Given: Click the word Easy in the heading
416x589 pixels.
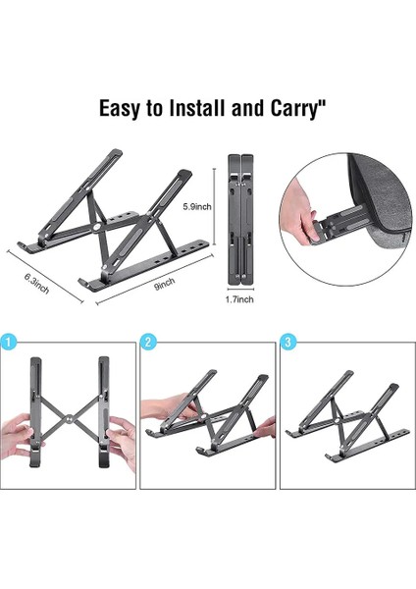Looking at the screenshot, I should [x=123, y=106].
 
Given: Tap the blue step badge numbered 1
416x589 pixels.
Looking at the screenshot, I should [x=10, y=343].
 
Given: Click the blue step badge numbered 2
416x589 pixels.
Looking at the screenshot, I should [x=150, y=343].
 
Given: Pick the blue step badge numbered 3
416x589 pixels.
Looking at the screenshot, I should [x=288, y=343].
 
